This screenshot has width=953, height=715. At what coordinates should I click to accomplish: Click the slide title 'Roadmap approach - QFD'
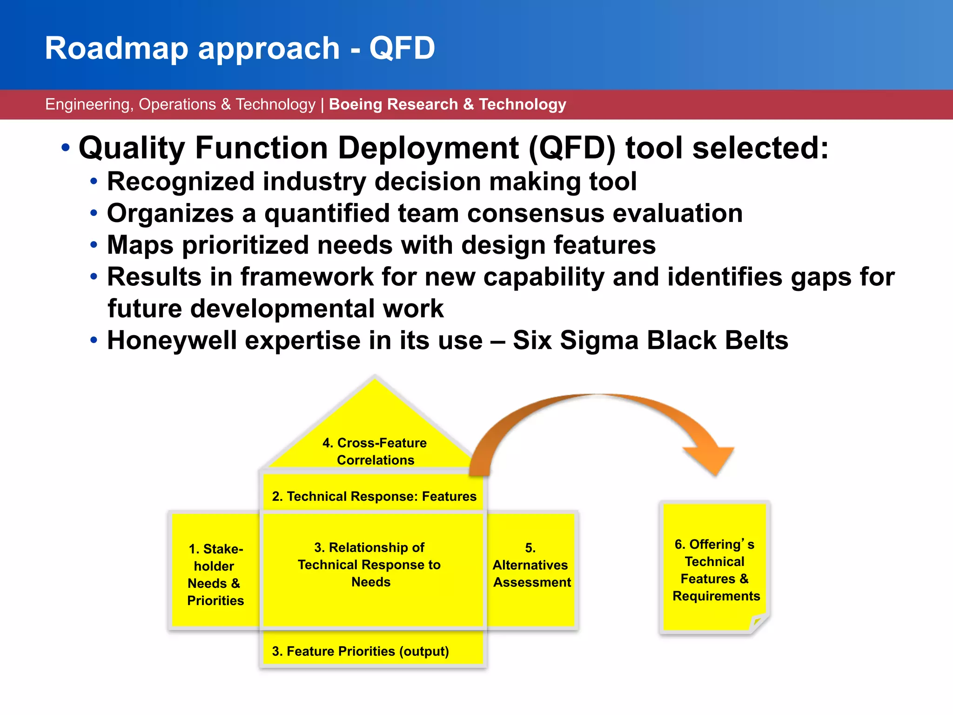240,48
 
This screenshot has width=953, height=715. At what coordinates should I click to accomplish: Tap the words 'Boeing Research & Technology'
447,104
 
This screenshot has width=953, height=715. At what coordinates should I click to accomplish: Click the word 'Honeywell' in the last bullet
172,340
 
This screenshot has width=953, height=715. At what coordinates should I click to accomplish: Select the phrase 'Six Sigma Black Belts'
650,340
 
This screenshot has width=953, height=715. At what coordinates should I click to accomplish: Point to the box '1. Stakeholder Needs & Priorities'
215,574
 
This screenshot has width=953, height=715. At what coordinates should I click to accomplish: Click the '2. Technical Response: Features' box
374,496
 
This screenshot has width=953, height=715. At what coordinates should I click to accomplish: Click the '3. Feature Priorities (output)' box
361,651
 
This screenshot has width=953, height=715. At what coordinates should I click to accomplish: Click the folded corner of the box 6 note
758,623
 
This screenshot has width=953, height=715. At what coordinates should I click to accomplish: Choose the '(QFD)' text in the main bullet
572,148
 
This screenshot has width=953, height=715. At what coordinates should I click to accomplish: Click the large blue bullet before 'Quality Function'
66,148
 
